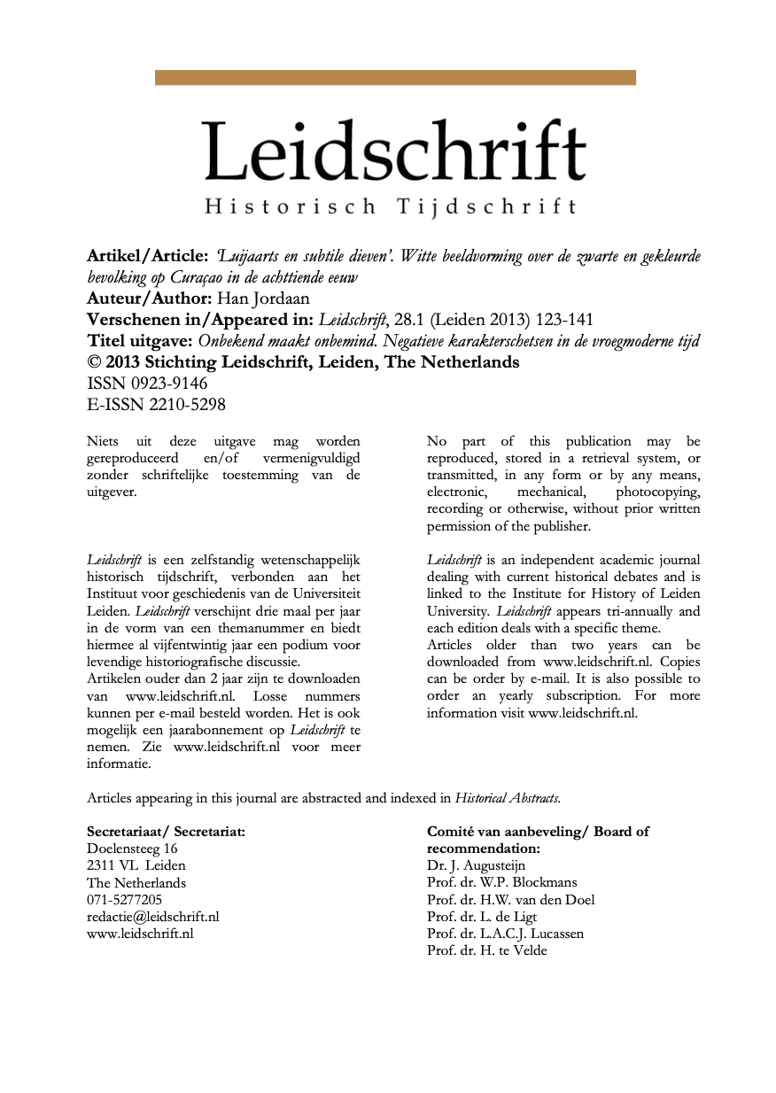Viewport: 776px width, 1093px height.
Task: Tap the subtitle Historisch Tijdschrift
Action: click(391, 207)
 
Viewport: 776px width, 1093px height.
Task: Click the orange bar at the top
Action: click(395, 78)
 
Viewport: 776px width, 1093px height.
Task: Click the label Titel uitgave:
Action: click(140, 341)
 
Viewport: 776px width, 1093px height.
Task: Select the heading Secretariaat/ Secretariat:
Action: click(166, 832)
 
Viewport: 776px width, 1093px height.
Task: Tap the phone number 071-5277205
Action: click(124, 900)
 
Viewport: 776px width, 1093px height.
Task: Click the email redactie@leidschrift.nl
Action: click(152, 917)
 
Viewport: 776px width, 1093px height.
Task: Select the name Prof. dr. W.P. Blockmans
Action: click(501, 882)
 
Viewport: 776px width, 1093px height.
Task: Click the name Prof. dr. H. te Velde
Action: click(487, 950)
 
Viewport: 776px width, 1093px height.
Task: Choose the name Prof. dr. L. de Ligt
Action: click(482, 917)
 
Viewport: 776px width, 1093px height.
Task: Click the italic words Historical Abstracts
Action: click(507, 798)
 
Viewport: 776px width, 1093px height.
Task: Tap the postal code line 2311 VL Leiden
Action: click(136, 865)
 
